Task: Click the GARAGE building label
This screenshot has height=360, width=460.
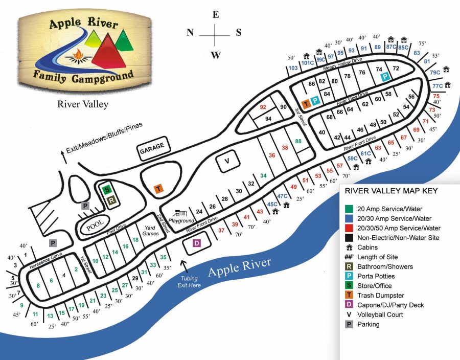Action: [x=152, y=147]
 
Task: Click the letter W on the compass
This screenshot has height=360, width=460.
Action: [x=216, y=55]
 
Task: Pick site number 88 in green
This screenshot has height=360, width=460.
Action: [x=298, y=141]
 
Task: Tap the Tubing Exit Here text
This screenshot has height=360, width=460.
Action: [x=187, y=281]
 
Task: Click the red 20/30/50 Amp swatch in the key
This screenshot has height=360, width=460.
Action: [x=348, y=228]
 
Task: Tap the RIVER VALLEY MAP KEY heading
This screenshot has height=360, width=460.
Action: [x=392, y=191]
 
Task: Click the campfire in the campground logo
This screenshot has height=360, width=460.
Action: [x=78, y=54]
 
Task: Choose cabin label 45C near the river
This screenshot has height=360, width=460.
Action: [x=271, y=204]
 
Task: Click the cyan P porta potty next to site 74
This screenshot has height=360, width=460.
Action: [x=385, y=76]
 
